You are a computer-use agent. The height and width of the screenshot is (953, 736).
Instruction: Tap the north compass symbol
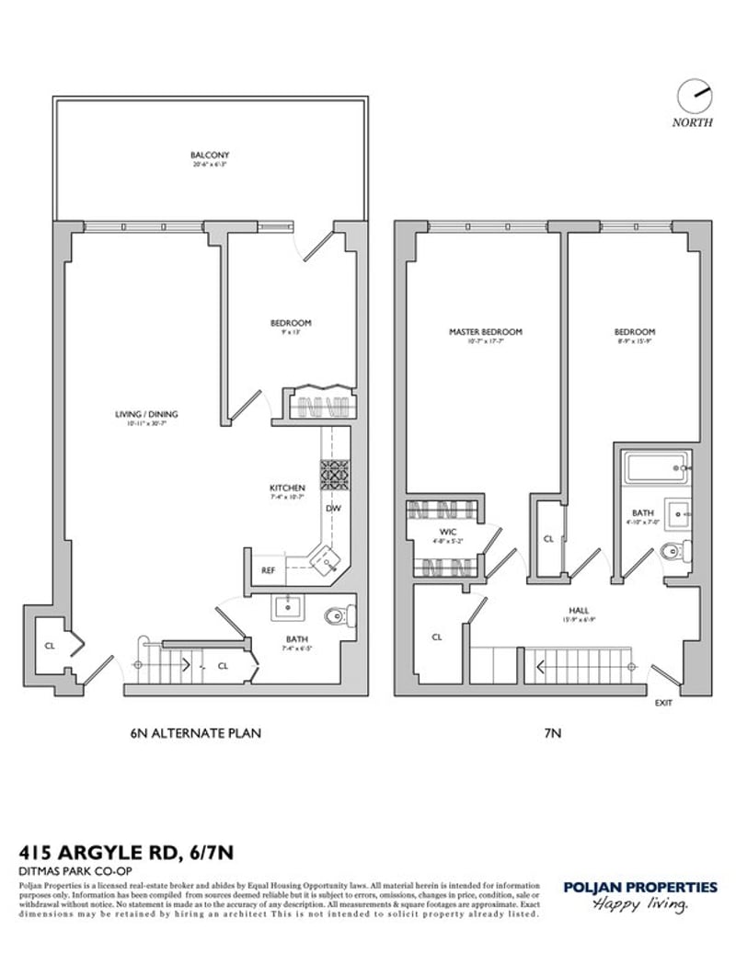691,95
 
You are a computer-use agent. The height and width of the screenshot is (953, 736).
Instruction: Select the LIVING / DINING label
140,414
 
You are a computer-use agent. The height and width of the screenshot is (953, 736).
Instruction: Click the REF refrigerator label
268,570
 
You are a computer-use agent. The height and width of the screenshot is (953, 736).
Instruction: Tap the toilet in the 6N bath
339,617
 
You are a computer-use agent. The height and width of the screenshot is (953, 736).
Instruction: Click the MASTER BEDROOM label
485,332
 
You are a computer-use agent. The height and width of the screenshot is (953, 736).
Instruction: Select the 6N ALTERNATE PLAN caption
195,733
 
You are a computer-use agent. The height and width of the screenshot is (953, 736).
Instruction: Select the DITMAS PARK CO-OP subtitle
67,870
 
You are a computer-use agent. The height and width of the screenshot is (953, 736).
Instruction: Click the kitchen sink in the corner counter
327,557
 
